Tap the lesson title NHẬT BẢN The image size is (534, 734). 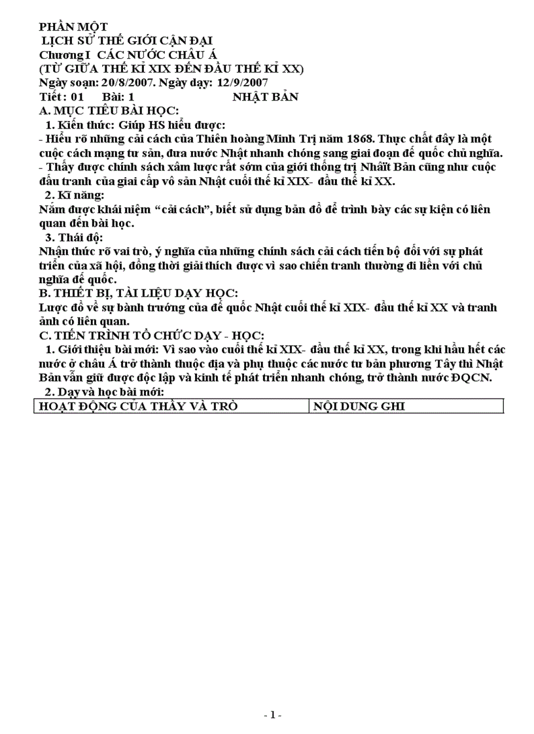(265, 97)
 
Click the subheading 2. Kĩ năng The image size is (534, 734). (73, 195)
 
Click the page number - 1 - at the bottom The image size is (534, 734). (272, 716)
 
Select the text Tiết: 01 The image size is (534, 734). (62, 97)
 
